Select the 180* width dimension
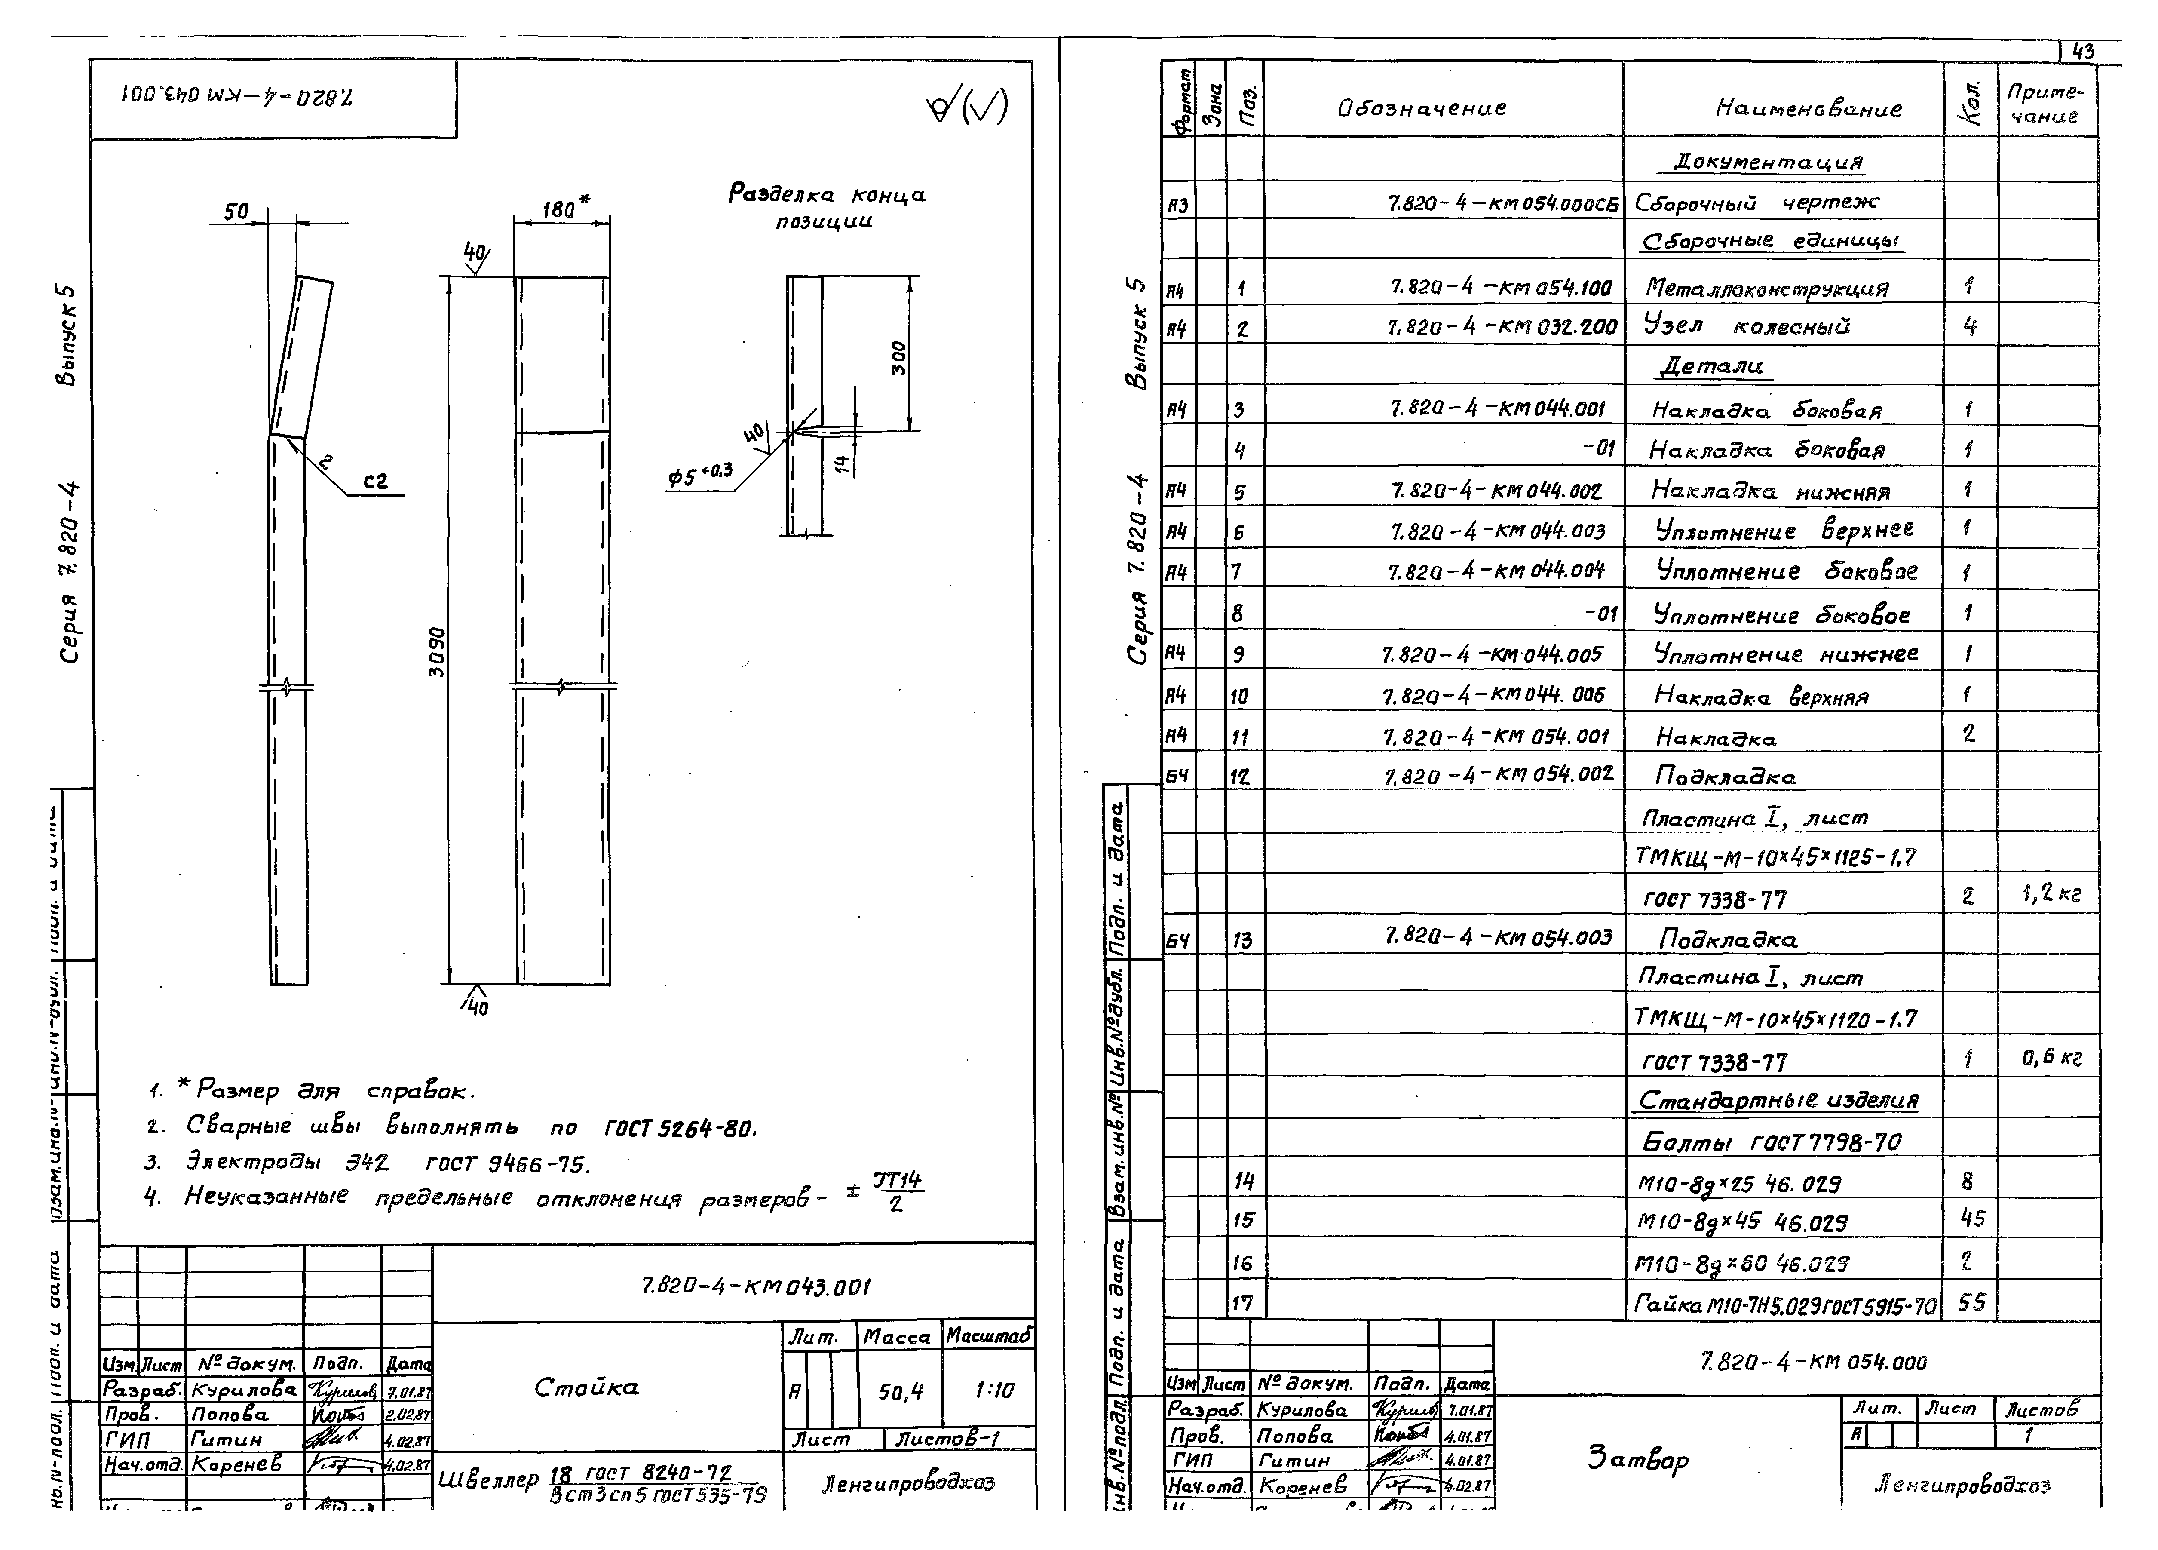point(565,207)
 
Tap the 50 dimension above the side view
point(236,211)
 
